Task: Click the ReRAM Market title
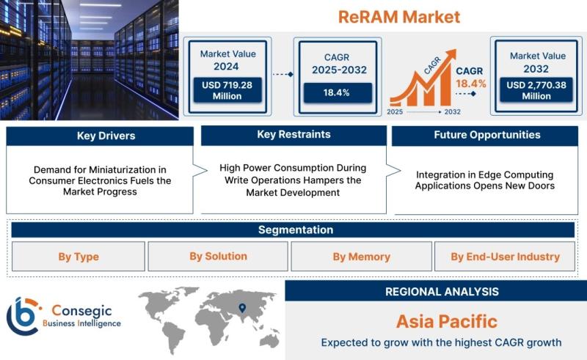point(399,17)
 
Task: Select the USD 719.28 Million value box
point(227,90)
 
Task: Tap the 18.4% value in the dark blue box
point(338,93)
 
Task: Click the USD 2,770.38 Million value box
point(536,90)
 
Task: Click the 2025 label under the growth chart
point(395,111)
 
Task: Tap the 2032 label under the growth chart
point(453,111)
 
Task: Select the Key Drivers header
point(100,136)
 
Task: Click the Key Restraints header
point(294,135)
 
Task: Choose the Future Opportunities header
point(485,136)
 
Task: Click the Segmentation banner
point(293,229)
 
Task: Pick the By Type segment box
point(79,257)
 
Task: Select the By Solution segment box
point(218,257)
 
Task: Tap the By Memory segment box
point(361,257)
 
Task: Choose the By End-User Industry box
point(505,257)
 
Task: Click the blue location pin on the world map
point(242,308)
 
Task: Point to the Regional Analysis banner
point(436,291)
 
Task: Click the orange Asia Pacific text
point(447,321)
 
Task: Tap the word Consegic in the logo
point(81,311)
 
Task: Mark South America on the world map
point(173,336)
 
